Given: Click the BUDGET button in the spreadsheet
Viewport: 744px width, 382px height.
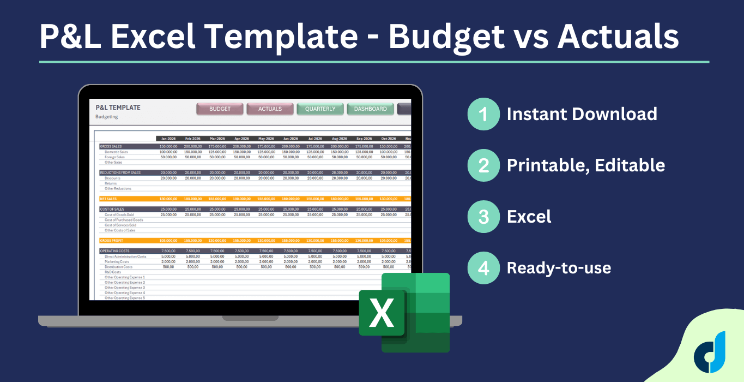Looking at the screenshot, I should (x=220, y=109).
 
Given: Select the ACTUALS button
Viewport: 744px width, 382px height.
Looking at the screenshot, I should (x=270, y=109).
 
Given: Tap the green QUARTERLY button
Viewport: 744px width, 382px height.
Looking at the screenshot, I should (x=320, y=109).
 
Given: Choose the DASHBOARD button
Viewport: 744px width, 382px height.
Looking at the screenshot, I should (x=370, y=109).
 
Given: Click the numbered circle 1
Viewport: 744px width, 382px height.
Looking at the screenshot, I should (x=483, y=114).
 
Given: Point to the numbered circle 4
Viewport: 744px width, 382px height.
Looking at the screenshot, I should (x=483, y=268).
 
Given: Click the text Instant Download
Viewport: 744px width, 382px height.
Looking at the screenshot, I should (x=582, y=114).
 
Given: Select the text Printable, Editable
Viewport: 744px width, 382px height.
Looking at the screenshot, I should (x=585, y=165).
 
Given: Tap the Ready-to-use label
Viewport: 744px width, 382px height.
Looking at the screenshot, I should (x=559, y=268).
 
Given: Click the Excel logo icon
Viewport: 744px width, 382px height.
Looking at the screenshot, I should (x=404, y=313).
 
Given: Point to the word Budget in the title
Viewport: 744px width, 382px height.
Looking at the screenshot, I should (x=446, y=36).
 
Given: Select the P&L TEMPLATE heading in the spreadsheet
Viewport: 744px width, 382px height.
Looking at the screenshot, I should (x=118, y=108).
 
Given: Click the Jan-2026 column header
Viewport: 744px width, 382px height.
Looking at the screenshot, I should (x=168, y=139).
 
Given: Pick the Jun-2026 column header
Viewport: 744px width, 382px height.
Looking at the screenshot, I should (x=291, y=139).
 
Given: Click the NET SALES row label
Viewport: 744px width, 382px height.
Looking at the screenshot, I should (x=108, y=199).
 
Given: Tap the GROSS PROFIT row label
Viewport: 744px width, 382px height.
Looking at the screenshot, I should (x=111, y=240).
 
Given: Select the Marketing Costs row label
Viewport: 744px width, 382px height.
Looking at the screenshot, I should (x=117, y=261).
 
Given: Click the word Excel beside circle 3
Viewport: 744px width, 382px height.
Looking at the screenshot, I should (x=529, y=217).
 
